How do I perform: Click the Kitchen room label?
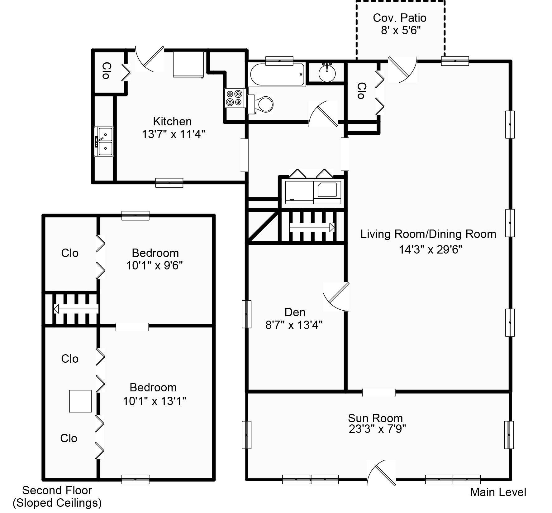coord(172,121)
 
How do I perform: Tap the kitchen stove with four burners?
coord(235,98)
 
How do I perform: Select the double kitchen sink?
coord(104,141)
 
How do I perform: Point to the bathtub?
coord(277,75)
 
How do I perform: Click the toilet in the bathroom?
coord(260,104)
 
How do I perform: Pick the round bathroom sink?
coord(327,73)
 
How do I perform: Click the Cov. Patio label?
coord(400,18)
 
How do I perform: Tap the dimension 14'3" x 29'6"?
coord(430,249)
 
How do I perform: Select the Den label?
coord(295,312)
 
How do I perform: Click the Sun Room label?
coord(375,418)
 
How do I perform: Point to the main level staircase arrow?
coord(312,227)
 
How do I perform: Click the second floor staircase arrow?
coord(76,309)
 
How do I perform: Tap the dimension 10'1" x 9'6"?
coord(154,266)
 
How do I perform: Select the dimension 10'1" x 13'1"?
coord(154,401)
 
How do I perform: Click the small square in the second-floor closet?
coord(80,401)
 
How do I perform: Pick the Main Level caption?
coord(498,492)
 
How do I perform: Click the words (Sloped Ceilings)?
coord(57,503)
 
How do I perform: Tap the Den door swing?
coord(336,297)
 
